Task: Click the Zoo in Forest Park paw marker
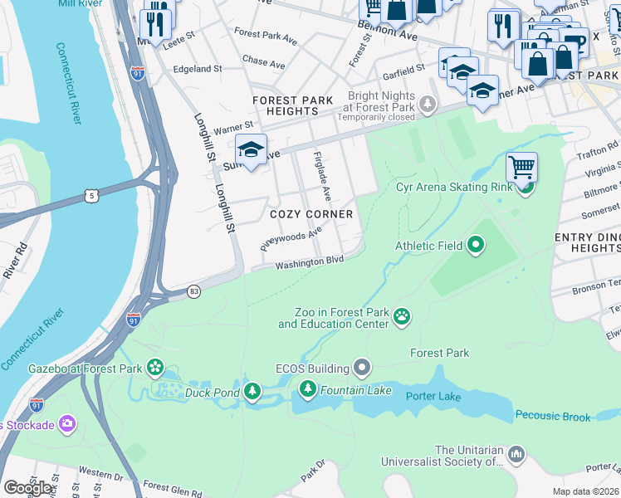[x=403, y=315]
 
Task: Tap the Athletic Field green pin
[x=476, y=245]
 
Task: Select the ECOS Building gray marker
[x=361, y=366]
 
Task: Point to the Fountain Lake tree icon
[x=308, y=388]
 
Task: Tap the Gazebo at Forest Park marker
[x=155, y=366]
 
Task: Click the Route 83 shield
[x=193, y=292]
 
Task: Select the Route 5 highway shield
[x=91, y=196]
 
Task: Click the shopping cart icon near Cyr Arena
[x=521, y=168]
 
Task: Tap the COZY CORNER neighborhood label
[x=311, y=214]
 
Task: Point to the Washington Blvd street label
[x=309, y=262]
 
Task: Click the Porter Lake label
[x=433, y=396]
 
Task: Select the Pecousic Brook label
[x=553, y=415]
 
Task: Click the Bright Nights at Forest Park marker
[x=428, y=105]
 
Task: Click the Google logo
[x=27, y=488]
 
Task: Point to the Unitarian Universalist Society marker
[x=516, y=454]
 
